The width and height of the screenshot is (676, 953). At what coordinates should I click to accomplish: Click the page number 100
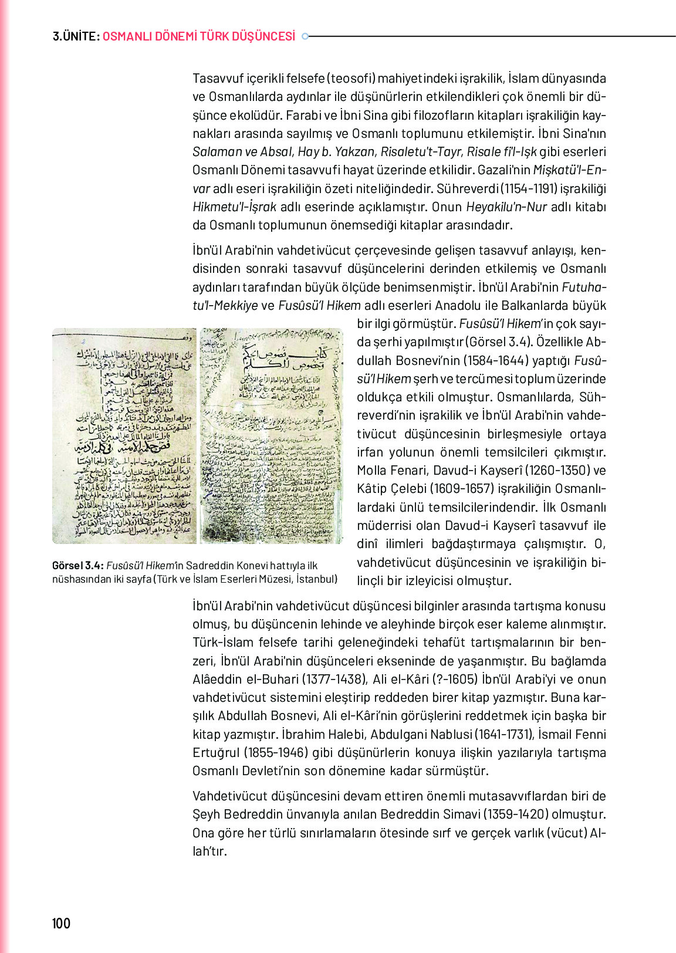(x=61, y=923)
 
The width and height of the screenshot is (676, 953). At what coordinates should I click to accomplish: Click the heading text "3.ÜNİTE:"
(x=76, y=36)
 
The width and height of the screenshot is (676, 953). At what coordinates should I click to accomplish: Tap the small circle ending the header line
(x=305, y=36)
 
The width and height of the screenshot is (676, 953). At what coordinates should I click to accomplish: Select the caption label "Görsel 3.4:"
(x=78, y=566)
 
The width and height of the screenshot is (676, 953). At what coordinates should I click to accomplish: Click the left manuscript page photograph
(x=124, y=435)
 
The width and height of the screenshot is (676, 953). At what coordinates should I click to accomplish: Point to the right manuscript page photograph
(x=271, y=435)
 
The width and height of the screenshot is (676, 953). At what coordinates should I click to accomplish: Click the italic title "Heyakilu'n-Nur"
(x=506, y=207)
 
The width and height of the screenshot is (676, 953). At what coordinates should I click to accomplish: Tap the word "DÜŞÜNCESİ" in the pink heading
(x=264, y=36)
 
